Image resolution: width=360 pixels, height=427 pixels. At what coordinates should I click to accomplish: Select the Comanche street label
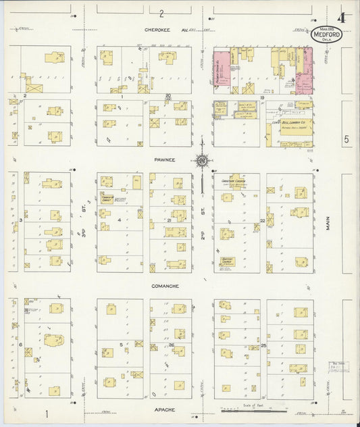point(165,286)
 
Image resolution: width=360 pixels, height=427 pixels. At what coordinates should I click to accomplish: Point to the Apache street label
point(164,409)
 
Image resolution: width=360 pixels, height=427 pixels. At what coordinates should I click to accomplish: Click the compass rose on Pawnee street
point(201,161)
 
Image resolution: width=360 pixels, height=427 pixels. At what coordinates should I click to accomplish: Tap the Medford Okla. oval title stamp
point(326,35)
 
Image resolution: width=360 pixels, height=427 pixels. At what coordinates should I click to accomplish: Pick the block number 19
point(261,98)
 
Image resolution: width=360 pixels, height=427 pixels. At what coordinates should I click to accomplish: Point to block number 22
point(262,220)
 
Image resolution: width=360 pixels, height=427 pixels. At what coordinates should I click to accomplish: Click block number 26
point(172,345)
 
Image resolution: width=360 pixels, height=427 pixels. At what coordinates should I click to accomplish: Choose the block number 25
point(263,345)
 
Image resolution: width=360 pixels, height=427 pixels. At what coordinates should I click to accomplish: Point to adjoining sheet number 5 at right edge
point(345,139)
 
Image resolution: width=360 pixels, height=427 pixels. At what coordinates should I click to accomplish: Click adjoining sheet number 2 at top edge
point(162,13)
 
